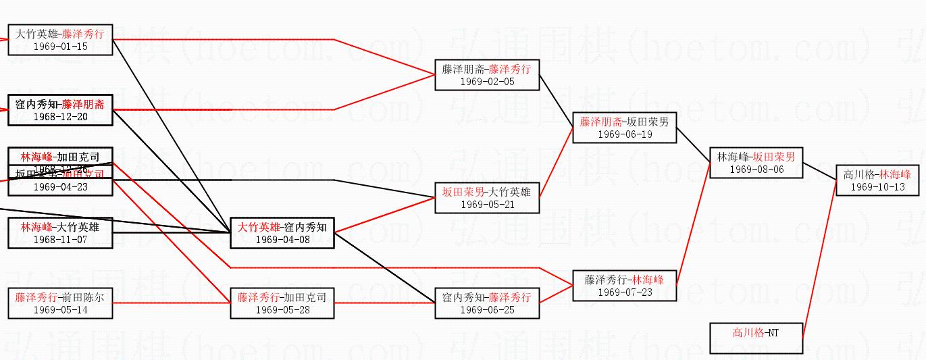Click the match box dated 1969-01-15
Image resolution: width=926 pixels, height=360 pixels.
pos(60,40)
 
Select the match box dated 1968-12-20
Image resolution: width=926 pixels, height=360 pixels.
pos(60,110)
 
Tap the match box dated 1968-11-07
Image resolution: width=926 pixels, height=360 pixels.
pos(60,233)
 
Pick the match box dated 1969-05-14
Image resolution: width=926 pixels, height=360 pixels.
pos(60,303)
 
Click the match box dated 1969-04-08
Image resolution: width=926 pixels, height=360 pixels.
pos(282,233)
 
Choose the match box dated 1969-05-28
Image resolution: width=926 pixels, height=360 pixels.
pos(282,303)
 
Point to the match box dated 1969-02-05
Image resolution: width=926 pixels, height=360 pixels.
pos(487,75)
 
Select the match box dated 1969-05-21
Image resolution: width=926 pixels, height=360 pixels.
pos(487,198)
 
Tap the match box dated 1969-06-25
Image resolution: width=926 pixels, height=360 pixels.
pos(487,303)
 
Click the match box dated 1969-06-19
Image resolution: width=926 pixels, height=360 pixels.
pos(624,128)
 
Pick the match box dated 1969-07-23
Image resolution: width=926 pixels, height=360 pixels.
pos(624,286)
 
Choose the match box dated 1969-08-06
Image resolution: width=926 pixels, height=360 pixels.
pos(756,163)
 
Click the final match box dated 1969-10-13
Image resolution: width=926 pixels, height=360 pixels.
pos(877,180)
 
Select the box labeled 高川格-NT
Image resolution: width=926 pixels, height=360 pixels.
pos(756,338)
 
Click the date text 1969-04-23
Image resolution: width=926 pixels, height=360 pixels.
pos(60,187)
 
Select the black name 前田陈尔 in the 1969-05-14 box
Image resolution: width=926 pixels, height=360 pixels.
pos(83,297)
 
